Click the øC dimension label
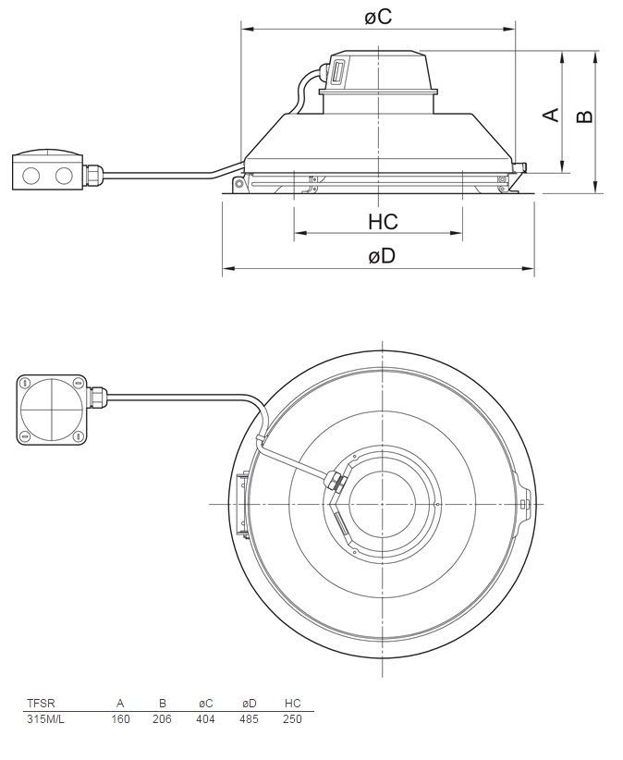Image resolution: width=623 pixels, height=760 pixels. click(377, 17)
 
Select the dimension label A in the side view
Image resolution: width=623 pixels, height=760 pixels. click(550, 114)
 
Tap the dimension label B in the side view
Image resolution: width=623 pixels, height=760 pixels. click(583, 116)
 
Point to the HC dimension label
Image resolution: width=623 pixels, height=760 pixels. click(383, 222)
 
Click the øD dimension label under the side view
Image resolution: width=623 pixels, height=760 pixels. click(381, 256)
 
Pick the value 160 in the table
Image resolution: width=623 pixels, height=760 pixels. click(120, 718)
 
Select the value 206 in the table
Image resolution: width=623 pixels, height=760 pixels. click(162, 718)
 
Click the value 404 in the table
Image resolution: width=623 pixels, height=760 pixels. click(206, 718)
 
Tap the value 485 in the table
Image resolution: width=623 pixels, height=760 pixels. click(249, 718)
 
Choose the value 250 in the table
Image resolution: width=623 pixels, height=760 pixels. click(292, 718)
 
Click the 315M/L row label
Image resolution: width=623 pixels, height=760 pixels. click(46, 718)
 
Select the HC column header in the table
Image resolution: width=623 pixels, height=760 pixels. click(293, 703)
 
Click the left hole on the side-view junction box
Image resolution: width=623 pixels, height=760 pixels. click(30, 173)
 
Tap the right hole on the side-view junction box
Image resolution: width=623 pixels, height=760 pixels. click(63, 173)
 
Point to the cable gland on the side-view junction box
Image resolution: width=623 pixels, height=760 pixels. click(94, 171)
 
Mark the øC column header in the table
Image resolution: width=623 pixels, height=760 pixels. click(206, 703)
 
